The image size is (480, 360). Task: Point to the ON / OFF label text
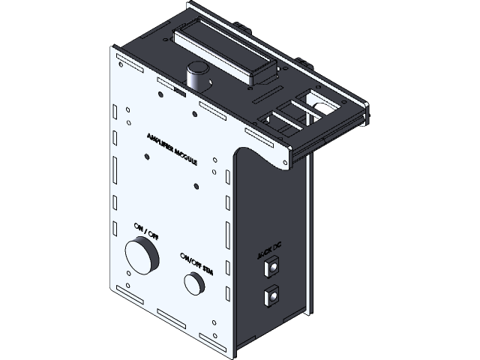(146, 230)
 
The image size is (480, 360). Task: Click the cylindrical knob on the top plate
(198, 76)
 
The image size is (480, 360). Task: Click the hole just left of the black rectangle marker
(161, 95)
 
